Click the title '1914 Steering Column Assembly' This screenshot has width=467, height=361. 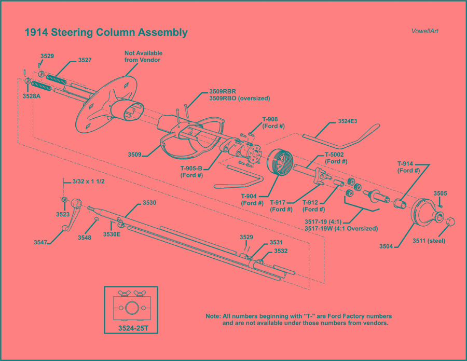(x=106, y=33)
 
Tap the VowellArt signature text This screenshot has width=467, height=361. (x=424, y=31)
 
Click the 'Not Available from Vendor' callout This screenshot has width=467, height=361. (x=143, y=57)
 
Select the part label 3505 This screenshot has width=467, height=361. (x=440, y=193)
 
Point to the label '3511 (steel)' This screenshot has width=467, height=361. (x=429, y=241)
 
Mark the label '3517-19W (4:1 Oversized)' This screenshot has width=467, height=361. (x=341, y=228)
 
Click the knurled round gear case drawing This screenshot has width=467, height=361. (x=280, y=162)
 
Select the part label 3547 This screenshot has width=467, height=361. (x=42, y=242)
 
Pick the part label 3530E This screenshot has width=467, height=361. (x=112, y=234)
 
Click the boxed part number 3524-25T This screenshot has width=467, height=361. (x=131, y=329)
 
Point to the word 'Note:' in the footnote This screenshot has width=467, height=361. (x=213, y=316)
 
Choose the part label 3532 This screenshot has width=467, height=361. (x=281, y=251)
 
